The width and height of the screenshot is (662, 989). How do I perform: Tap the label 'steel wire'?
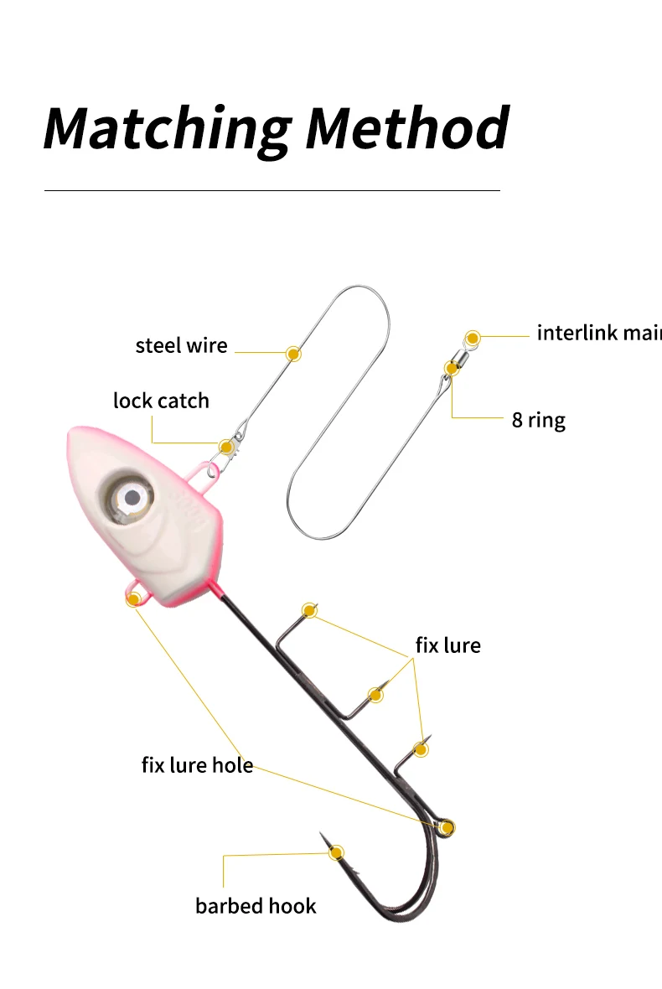pyautogui.click(x=181, y=345)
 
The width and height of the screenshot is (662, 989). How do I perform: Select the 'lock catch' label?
pyautogui.click(x=161, y=401)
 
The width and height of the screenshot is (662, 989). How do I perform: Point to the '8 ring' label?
pyautogui.click(x=538, y=419)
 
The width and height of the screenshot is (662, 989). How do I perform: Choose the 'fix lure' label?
pyautogui.click(x=447, y=645)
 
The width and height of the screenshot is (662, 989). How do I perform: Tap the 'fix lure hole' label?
pyautogui.click(x=197, y=764)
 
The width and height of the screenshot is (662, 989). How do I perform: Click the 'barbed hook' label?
pyautogui.click(x=256, y=906)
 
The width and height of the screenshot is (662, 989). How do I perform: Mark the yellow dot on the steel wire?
pyautogui.click(x=293, y=353)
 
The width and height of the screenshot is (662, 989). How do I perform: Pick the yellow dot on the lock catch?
pyautogui.click(x=226, y=447)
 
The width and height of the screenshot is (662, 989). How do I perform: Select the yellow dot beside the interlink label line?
pyautogui.click(x=473, y=338)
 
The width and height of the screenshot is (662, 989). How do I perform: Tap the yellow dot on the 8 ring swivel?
pyautogui.click(x=453, y=369)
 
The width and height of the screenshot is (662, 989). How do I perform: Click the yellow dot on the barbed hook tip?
pyautogui.click(x=337, y=852)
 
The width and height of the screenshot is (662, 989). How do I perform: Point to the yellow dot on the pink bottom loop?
pyautogui.click(x=133, y=598)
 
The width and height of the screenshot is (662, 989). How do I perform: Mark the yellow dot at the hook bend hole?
pyautogui.click(x=447, y=828)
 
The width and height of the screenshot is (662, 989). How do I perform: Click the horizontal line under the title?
pyautogui.click(x=272, y=190)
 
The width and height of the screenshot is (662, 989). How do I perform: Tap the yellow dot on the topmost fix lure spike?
pyautogui.click(x=309, y=610)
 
